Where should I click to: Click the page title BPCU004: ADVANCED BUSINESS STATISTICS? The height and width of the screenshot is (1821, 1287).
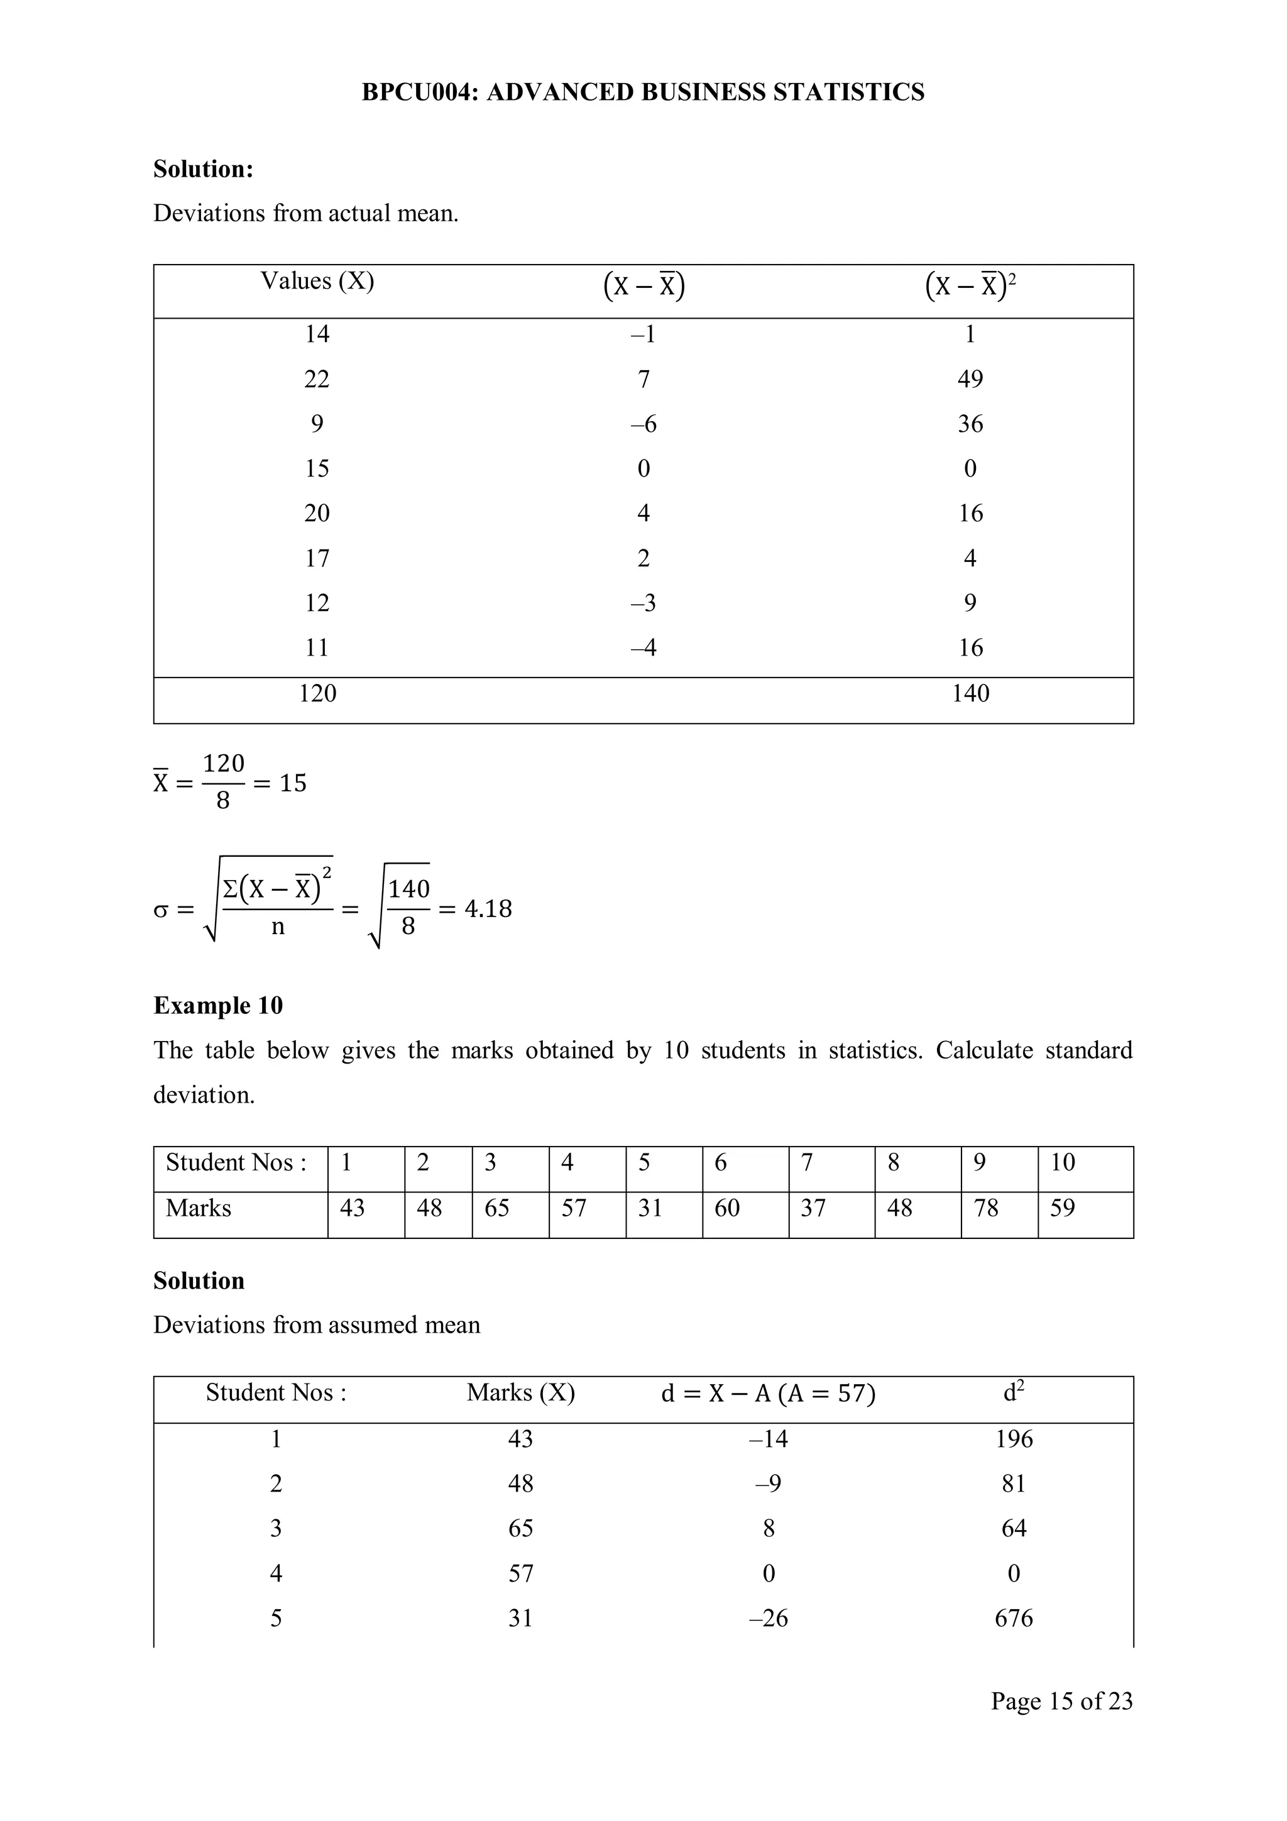pyautogui.click(x=642, y=92)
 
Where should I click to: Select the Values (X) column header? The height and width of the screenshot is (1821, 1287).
pyautogui.click(x=317, y=281)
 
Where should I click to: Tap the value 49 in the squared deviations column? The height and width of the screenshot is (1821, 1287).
pyautogui.click(x=970, y=379)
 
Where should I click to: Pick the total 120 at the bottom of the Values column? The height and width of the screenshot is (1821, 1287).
pyautogui.click(x=317, y=693)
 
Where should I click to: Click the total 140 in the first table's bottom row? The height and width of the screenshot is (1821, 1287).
pyautogui.click(x=970, y=693)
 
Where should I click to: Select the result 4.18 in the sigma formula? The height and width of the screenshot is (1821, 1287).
pyautogui.click(x=488, y=908)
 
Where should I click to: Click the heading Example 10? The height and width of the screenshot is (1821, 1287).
pyautogui.click(x=218, y=1006)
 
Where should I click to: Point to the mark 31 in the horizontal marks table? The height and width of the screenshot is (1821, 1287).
pyautogui.click(x=650, y=1208)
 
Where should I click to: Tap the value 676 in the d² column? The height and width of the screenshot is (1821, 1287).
pyautogui.click(x=1014, y=1618)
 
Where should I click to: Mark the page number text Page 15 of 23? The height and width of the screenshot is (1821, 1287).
pyautogui.click(x=1061, y=1700)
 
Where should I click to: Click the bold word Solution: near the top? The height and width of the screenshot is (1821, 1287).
pyautogui.click(x=203, y=169)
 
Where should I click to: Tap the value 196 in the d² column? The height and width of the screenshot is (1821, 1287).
pyautogui.click(x=1014, y=1439)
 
